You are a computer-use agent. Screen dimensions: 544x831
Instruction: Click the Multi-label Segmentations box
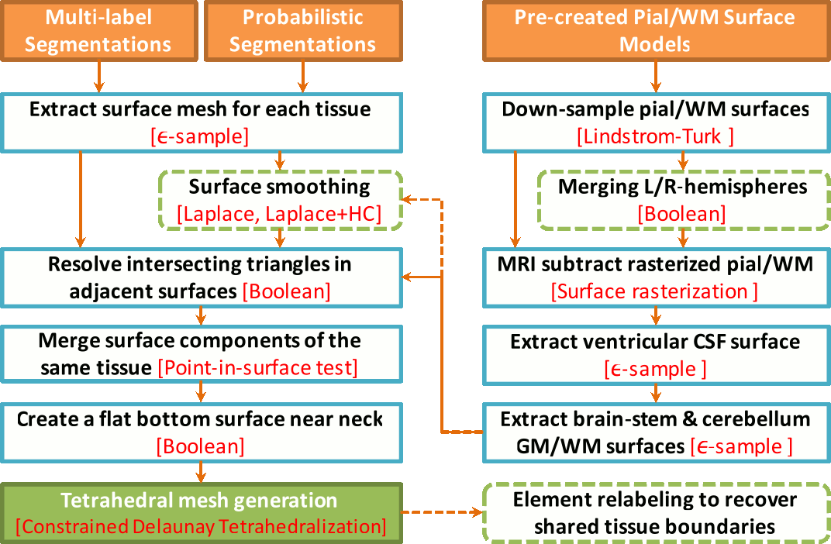(x=98, y=31)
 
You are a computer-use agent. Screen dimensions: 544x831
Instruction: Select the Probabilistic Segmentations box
(x=302, y=31)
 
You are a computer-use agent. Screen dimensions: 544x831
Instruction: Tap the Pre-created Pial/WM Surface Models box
(x=656, y=31)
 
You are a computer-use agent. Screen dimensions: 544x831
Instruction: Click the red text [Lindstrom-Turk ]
(x=656, y=137)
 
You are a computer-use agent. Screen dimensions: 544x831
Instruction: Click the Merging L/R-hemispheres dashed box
(x=682, y=200)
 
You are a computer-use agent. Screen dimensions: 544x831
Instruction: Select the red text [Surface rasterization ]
(x=655, y=291)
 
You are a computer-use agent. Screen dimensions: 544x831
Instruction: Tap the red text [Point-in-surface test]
(x=257, y=367)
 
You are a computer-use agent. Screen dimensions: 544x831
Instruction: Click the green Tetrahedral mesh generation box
(x=202, y=512)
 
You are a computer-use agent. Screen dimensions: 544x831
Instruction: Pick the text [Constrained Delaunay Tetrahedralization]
(x=202, y=526)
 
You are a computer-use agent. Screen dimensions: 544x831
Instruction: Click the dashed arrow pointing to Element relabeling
(x=442, y=512)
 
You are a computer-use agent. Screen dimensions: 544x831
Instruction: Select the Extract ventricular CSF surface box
(x=655, y=354)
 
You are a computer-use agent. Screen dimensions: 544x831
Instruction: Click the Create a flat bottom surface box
(x=202, y=432)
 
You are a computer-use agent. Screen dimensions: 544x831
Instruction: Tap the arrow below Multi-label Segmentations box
(x=98, y=77)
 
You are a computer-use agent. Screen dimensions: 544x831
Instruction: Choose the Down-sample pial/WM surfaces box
(x=656, y=122)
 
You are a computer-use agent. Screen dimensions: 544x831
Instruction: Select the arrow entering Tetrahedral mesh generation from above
(x=202, y=471)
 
